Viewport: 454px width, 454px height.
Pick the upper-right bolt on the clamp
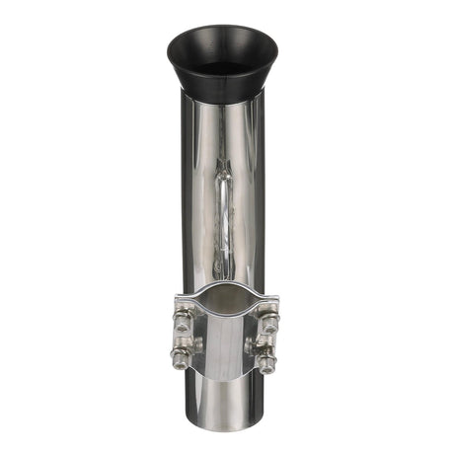point(267,318)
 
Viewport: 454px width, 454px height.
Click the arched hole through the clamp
point(226,314)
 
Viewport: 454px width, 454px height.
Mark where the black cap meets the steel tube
point(226,99)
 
